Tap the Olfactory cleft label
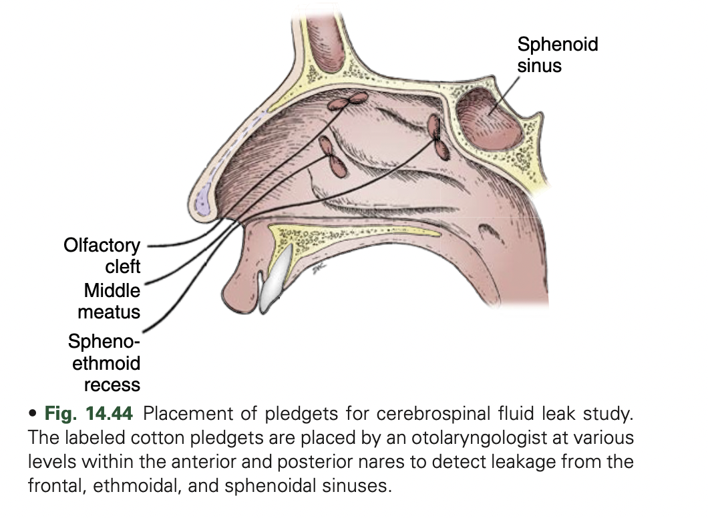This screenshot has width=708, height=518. pos(102,256)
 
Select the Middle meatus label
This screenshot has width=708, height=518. pos(108,301)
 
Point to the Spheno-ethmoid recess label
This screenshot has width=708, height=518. pos(104,363)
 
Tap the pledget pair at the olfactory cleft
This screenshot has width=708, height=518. pos(347,101)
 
